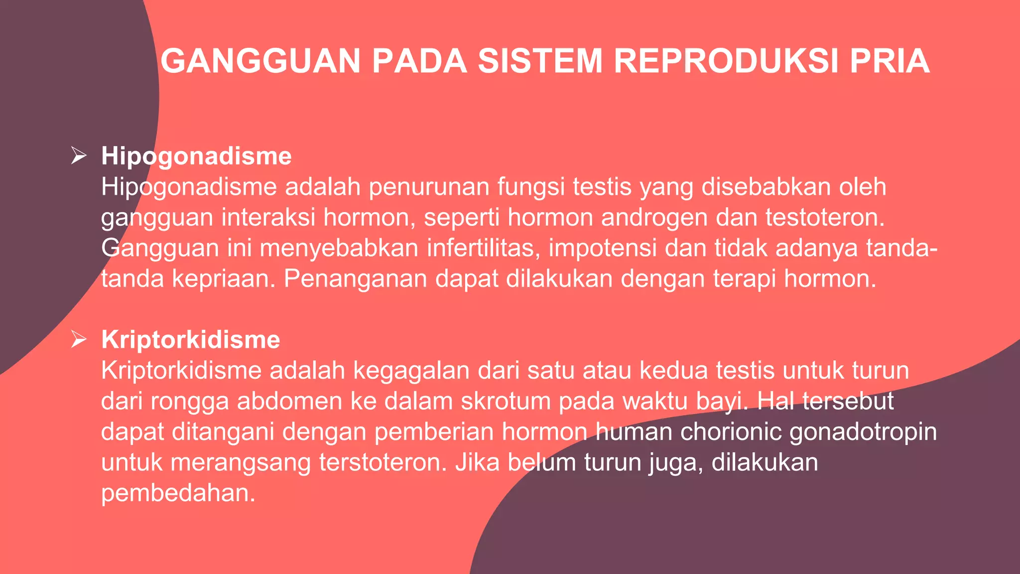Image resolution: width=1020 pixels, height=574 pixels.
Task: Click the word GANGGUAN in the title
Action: (260, 61)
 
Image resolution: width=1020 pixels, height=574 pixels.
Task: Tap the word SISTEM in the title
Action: (540, 61)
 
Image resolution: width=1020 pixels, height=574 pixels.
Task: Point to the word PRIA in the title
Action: (890, 61)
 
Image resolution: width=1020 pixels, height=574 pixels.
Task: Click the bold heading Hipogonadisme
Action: (196, 156)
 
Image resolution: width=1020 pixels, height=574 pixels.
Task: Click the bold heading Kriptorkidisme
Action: (191, 340)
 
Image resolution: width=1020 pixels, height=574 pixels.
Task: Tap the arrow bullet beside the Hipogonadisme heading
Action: (79, 155)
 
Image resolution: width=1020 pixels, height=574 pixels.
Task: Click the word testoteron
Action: (825, 218)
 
